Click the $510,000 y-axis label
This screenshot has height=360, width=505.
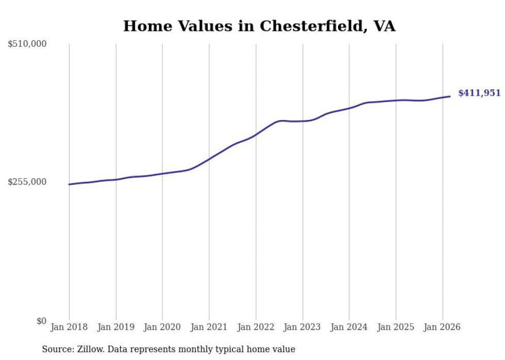(27, 44)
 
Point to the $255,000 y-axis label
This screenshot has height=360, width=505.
(27, 182)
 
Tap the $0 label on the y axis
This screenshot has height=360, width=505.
(41, 321)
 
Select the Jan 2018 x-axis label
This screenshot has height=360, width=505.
(69, 327)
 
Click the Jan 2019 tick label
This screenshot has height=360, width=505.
(116, 327)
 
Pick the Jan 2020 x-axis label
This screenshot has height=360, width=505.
(162, 327)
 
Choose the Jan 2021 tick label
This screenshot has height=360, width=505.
(209, 327)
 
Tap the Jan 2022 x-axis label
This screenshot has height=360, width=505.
(256, 327)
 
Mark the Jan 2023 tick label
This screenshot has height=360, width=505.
(302, 327)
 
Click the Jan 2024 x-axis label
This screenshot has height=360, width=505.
(349, 327)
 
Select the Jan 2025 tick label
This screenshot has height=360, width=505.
(396, 327)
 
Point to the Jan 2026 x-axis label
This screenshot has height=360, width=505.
(443, 327)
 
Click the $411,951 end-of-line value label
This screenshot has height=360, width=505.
(479, 93)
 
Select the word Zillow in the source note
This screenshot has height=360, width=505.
(89, 350)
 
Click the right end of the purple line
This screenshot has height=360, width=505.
(450, 96)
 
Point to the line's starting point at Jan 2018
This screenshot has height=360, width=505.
(69, 184)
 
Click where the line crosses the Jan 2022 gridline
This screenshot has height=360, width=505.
(256, 135)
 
